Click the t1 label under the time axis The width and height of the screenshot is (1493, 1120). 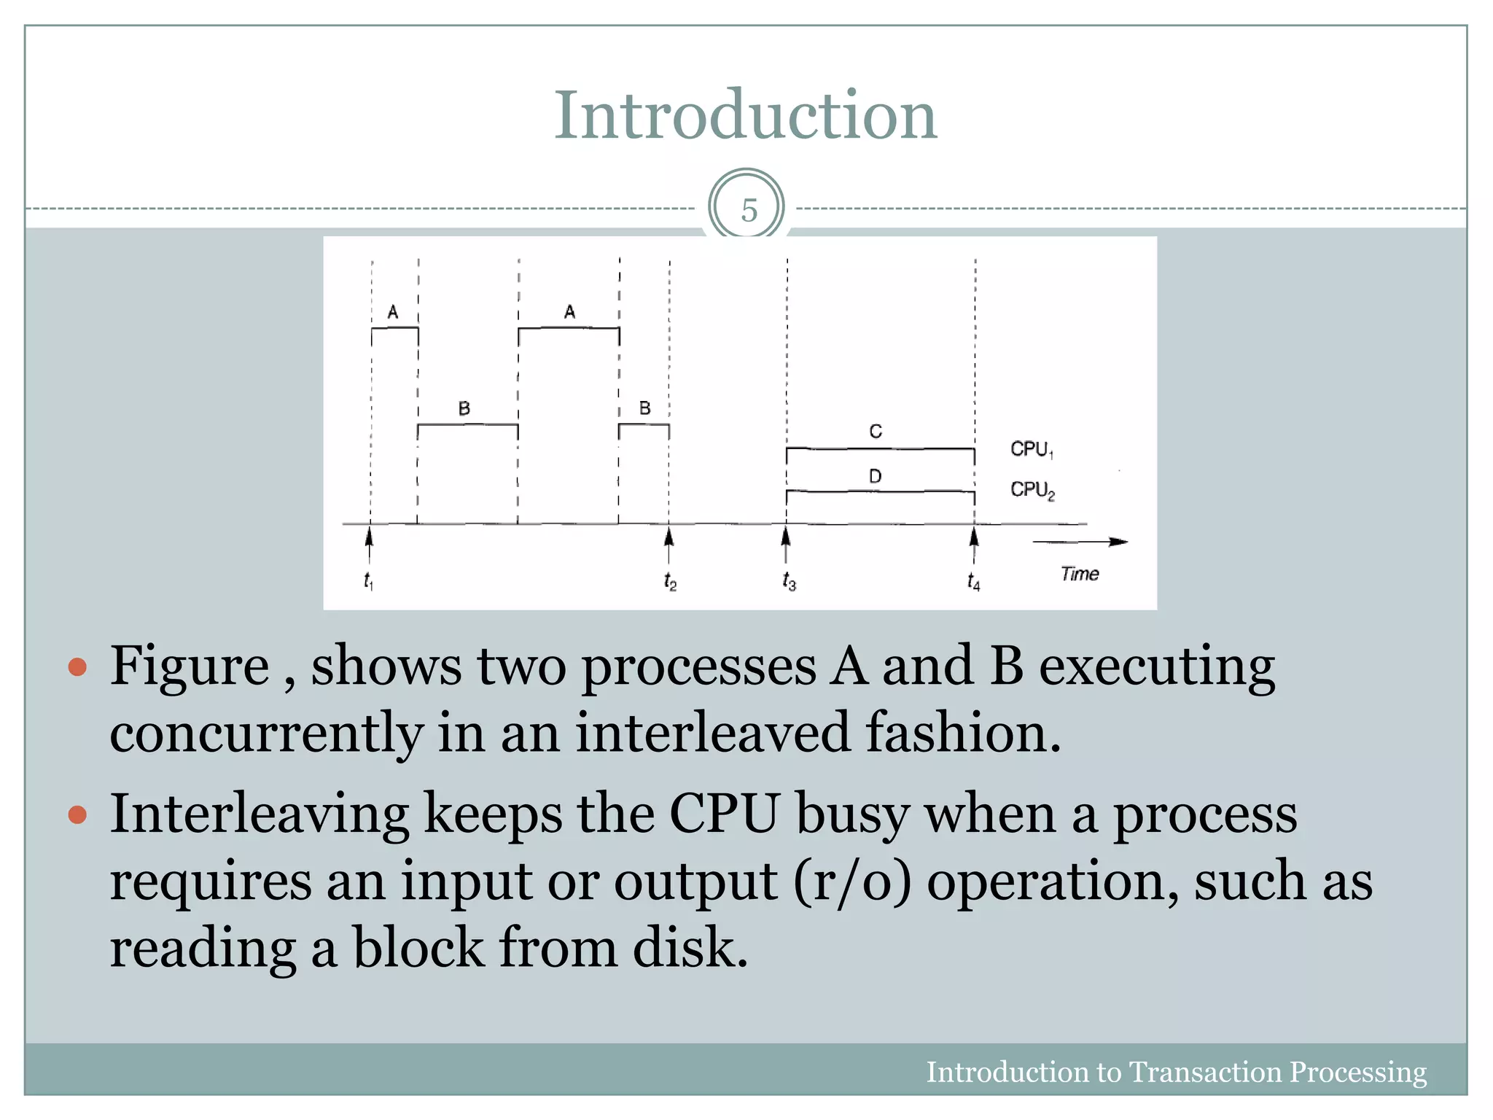pyautogui.click(x=368, y=581)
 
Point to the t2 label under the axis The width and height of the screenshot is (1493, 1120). pyautogui.click(x=670, y=581)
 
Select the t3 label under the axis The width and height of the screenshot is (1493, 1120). pyautogui.click(x=789, y=581)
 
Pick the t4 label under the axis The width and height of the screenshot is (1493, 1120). pyautogui.click(x=973, y=581)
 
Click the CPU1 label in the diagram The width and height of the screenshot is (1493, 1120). pyautogui.click(x=1031, y=449)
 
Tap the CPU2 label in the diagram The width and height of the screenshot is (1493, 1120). pyautogui.click(x=1032, y=489)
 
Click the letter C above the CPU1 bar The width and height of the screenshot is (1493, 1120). pyautogui.click(x=876, y=432)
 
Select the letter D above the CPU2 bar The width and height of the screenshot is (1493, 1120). pyautogui.click(x=875, y=476)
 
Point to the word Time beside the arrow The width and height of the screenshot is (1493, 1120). pyautogui.click(x=1079, y=574)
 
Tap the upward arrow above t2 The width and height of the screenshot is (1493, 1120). pyautogui.click(x=668, y=542)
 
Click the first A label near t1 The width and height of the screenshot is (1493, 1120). pyautogui.click(x=393, y=312)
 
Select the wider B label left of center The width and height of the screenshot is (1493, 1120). pyautogui.click(x=464, y=408)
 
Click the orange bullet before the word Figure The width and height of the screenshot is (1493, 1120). pyautogui.click(x=77, y=666)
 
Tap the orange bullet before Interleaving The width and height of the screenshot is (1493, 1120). pyautogui.click(x=77, y=814)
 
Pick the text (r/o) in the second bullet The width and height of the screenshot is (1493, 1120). pyautogui.click(x=852, y=881)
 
